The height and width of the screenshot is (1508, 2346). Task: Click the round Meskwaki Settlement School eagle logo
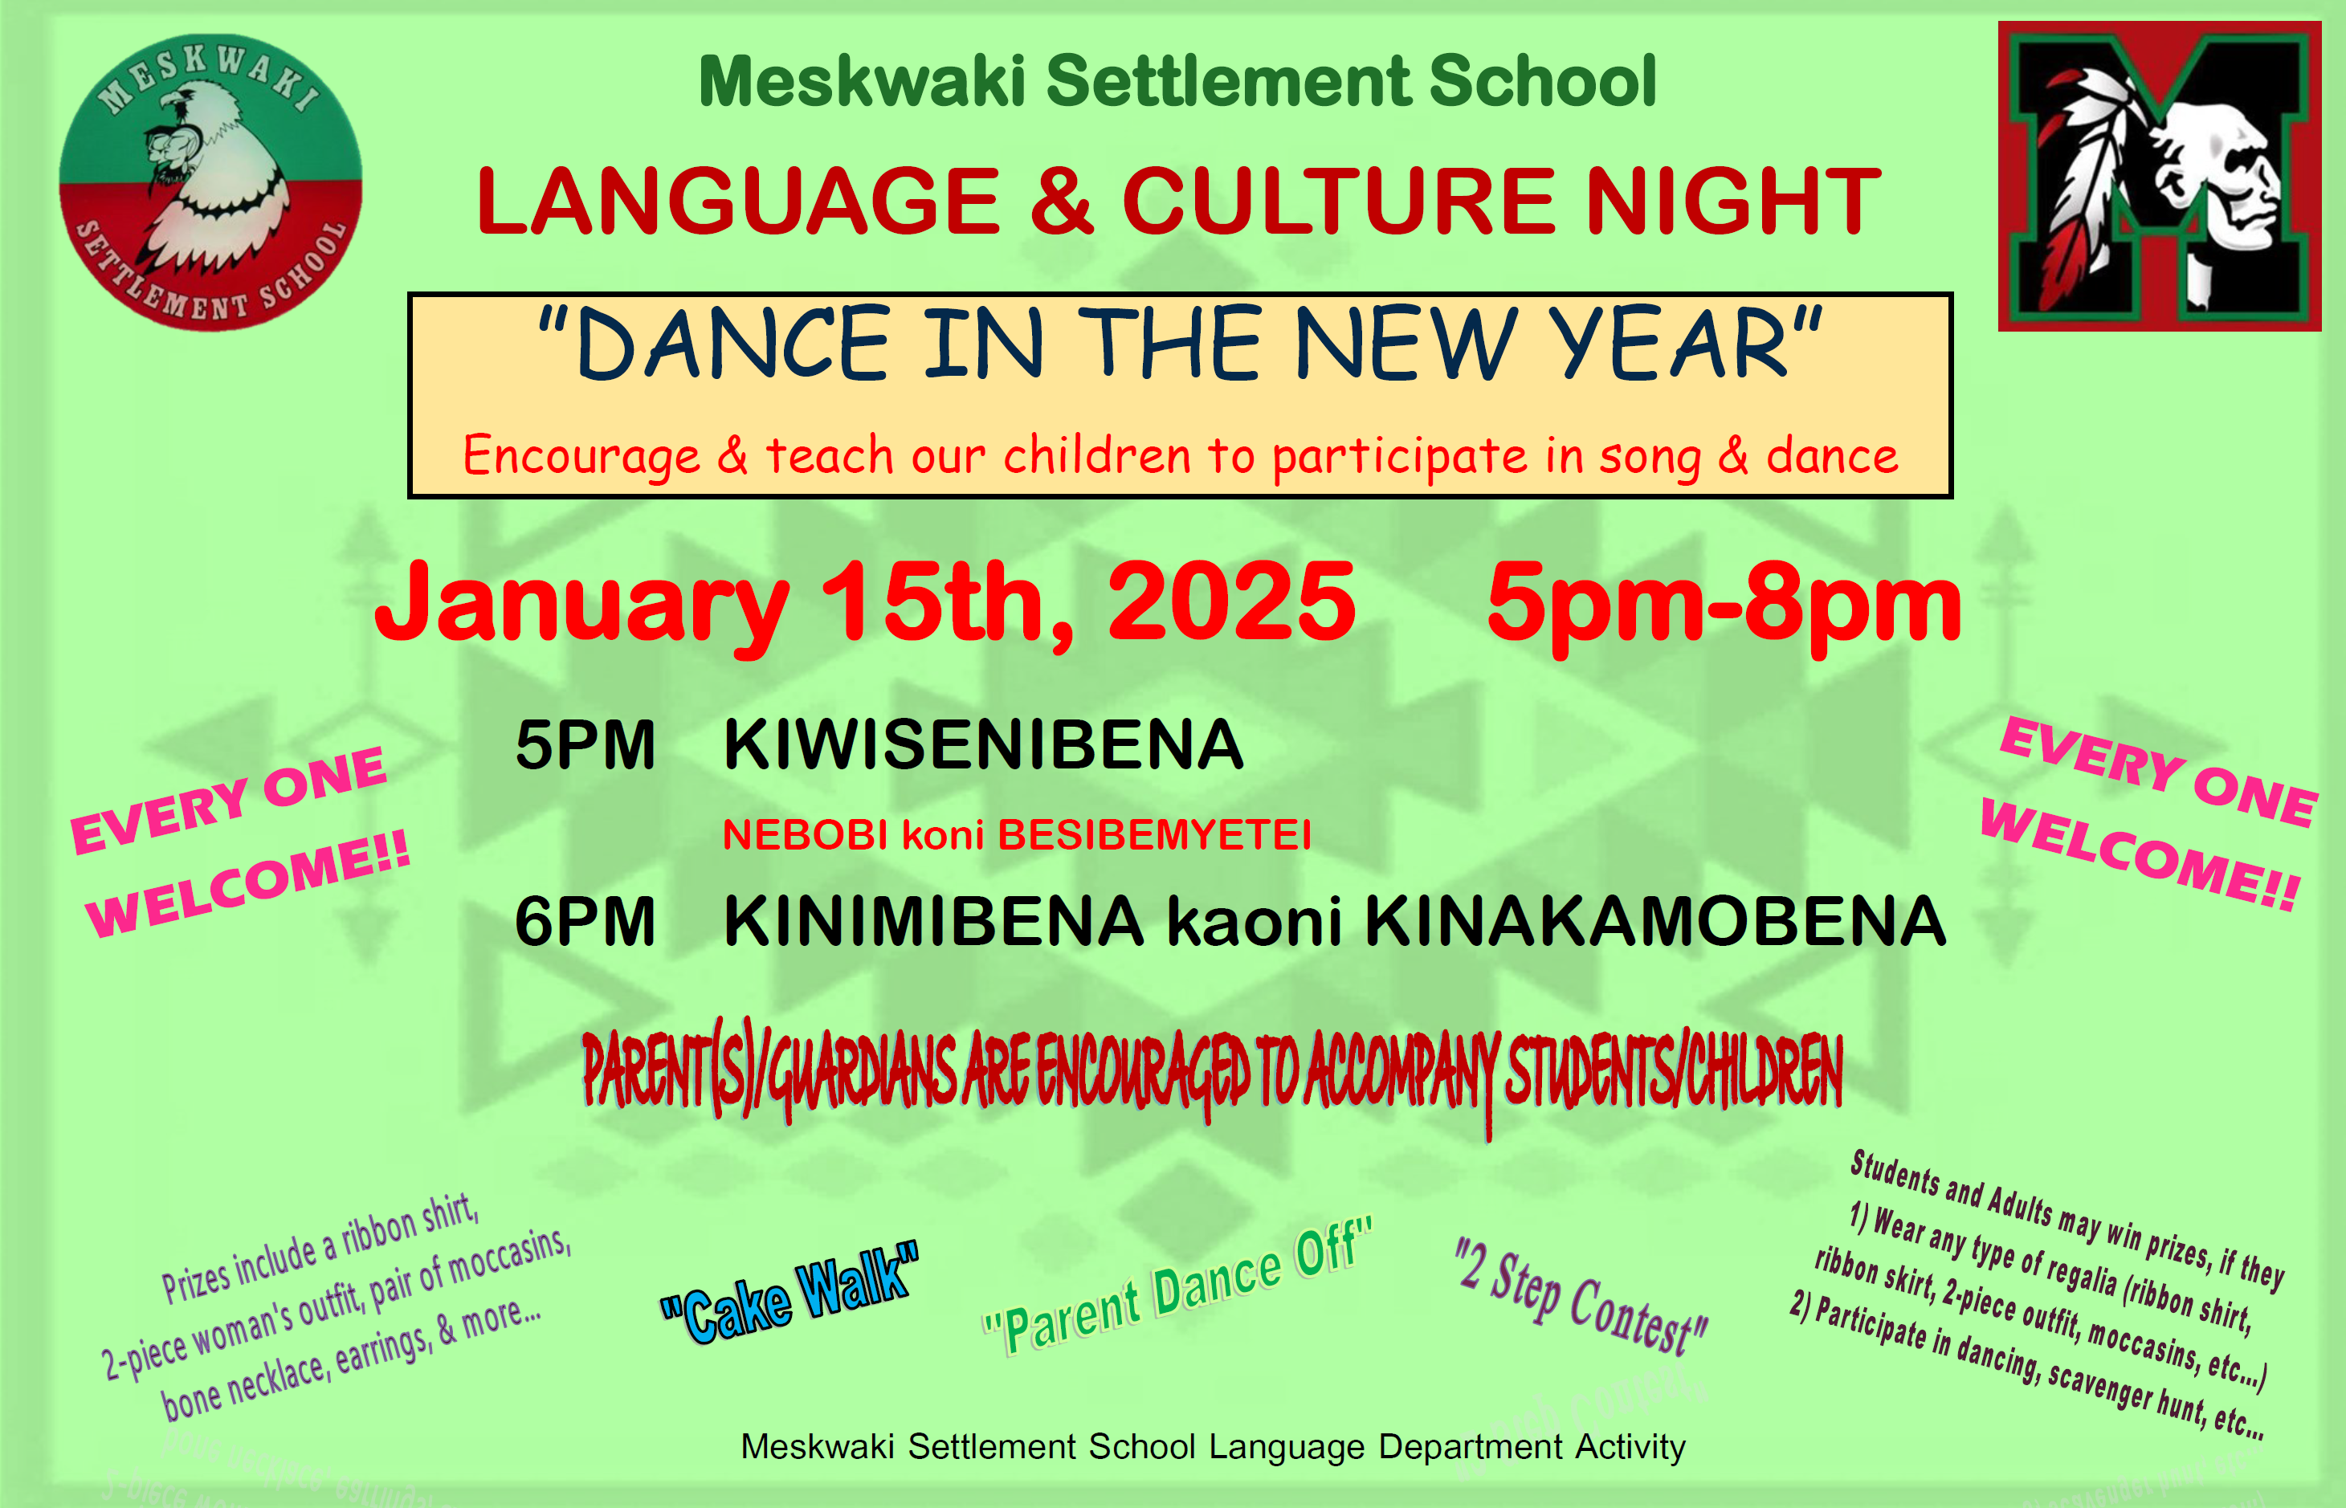click(x=210, y=183)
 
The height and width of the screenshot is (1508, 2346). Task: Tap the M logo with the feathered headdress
click(x=2159, y=177)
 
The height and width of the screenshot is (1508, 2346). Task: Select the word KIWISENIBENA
click(x=983, y=744)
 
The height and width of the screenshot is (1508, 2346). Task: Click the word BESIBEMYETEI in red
click(x=1154, y=835)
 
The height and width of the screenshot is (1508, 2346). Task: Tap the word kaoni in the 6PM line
click(x=1255, y=923)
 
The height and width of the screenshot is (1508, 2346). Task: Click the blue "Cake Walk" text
click(x=789, y=1293)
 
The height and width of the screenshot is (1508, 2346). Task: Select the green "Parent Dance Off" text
click(x=1178, y=1286)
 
